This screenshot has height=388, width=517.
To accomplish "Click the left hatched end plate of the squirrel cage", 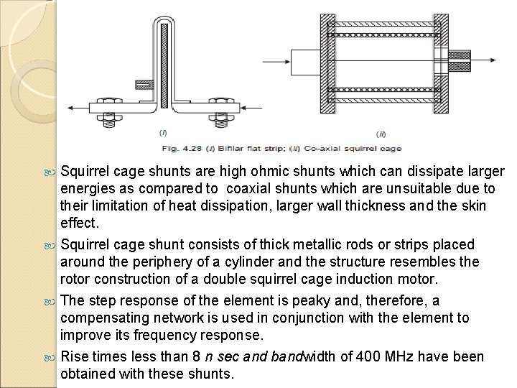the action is [x=315, y=63].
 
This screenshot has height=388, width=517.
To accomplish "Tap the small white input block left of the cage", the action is [x=302, y=64].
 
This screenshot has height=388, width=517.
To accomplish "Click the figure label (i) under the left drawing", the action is [x=164, y=132].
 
